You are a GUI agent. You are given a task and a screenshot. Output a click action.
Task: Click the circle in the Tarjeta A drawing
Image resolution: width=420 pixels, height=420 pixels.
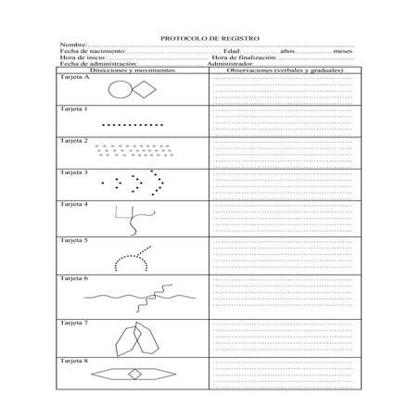pos(121,91)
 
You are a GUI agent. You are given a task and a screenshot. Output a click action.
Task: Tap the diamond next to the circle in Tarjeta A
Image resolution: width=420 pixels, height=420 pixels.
pos(147,90)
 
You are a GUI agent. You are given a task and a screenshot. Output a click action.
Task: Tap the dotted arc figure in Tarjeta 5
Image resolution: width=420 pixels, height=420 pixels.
pos(133,259)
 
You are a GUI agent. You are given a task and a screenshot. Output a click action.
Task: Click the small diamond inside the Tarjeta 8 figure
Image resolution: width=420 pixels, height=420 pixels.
pos(135,374)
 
